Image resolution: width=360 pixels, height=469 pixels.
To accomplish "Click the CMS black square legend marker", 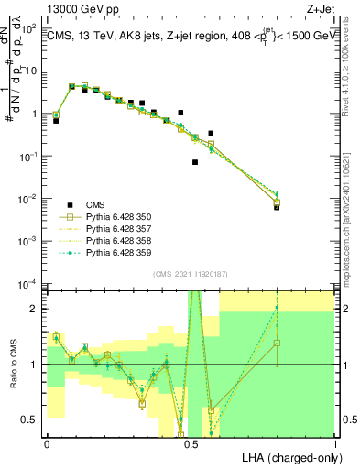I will pyautogui.click(x=70, y=204).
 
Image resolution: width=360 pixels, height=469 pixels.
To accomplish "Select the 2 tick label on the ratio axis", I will pyautogui.click(x=35, y=309).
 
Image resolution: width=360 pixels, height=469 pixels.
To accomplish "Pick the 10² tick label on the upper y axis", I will pyautogui.click(x=30, y=28).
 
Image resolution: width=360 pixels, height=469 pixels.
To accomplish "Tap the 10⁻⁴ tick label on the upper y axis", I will pyautogui.click(x=30, y=283).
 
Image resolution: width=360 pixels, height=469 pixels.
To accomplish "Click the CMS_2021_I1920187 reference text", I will pyautogui.click(x=191, y=274).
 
